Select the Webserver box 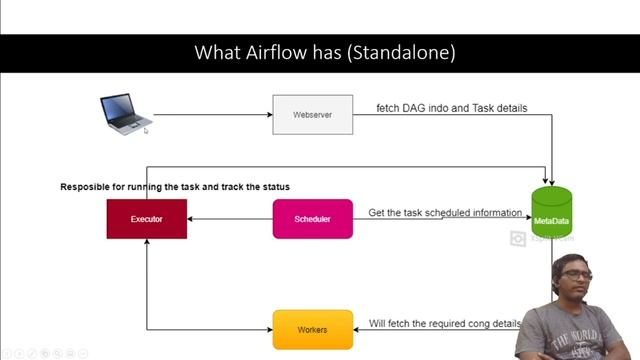pyautogui.click(x=313, y=115)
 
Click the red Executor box pyautogui.click(x=146, y=219)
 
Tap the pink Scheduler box pyautogui.click(x=312, y=219)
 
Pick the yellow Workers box pyautogui.click(x=312, y=329)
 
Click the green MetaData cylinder pyautogui.click(x=551, y=212)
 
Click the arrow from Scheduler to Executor pyautogui.click(x=229, y=219)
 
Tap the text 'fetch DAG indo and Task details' pyautogui.click(x=451, y=108)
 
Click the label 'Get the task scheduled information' pyautogui.click(x=445, y=213)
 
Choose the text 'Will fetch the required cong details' pyautogui.click(x=445, y=324)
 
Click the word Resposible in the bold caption pyautogui.click(x=87, y=187)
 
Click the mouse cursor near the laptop pyautogui.click(x=145, y=129)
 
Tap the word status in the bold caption pyautogui.click(x=274, y=187)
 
